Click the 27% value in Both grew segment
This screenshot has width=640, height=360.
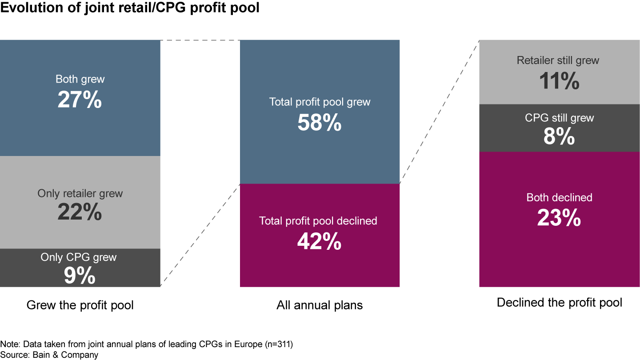[80, 100]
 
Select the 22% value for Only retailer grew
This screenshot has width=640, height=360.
[80, 212]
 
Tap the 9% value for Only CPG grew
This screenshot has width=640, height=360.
[80, 276]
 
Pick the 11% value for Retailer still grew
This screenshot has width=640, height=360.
[559, 81]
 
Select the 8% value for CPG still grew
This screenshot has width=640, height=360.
[559, 137]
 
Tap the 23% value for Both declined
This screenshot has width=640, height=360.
[559, 218]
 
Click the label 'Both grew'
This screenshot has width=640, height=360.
[80, 80]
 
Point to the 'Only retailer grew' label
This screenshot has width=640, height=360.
[80, 193]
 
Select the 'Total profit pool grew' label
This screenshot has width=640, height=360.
[320, 102]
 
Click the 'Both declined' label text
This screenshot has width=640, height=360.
[559, 197]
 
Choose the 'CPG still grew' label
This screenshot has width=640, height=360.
[559, 118]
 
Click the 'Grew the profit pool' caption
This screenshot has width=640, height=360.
[80, 305]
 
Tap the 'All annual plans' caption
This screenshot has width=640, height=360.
[320, 305]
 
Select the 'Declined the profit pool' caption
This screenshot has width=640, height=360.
[559, 303]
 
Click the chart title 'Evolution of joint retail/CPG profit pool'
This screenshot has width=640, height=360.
[130, 8]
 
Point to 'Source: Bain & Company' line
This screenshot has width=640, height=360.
[49, 355]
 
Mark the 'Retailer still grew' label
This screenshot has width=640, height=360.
[558, 60]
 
